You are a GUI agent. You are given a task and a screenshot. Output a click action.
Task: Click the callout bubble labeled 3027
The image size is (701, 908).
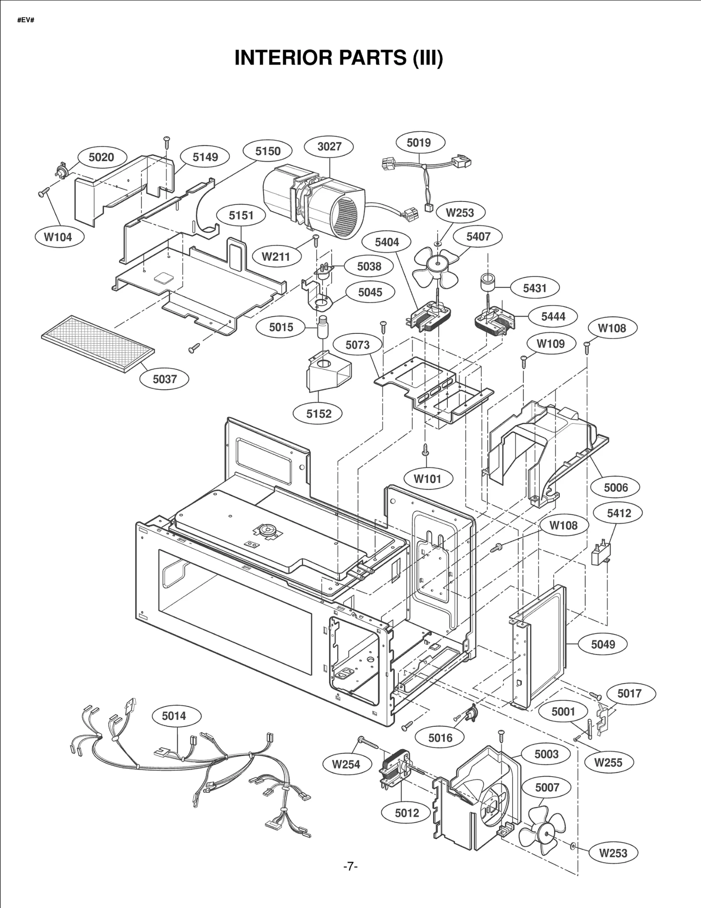point(329,146)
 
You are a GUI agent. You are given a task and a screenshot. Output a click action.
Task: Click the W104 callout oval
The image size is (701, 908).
point(58,237)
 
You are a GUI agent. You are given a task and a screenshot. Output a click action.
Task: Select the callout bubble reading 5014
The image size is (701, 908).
point(174,716)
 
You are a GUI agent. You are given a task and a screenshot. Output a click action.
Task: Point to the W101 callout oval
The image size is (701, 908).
point(427,479)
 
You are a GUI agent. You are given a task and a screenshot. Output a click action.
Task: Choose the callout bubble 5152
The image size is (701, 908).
point(319,414)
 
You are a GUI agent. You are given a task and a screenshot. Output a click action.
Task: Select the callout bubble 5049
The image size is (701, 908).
point(603,644)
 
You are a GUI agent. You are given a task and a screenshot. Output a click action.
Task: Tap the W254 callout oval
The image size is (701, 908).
point(346,764)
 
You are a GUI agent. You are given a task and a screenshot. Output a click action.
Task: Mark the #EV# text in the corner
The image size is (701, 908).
point(25,20)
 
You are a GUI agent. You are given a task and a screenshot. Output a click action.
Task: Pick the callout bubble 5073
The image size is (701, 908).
point(358,345)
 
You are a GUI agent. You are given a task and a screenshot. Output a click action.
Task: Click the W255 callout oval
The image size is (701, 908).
point(609,763)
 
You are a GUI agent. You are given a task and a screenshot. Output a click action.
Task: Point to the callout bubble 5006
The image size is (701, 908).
point(616,488)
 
